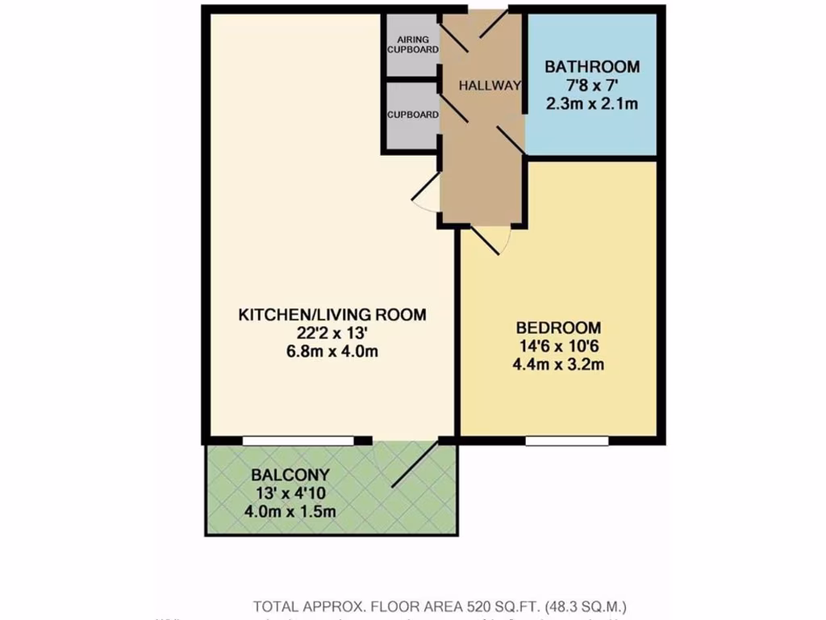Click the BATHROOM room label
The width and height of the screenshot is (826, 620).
click(x=591, y=67)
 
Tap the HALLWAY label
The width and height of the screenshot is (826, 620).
click(x=490, y=86)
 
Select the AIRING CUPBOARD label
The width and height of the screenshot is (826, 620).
click(x=413, y=44)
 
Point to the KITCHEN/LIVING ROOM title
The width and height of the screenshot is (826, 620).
click(x=332, y=315)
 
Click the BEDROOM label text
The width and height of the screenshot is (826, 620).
click(x=558, y=328)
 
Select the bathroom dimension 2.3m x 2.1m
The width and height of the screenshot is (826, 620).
click(x=591, y=104)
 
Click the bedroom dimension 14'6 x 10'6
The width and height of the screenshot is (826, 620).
click(x=558, y=346)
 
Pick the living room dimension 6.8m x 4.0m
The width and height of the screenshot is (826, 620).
click(x=332, y=351)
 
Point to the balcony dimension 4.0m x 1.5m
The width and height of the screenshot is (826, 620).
click(x=290, y=511)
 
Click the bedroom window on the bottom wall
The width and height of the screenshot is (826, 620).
click(x=566, y=441)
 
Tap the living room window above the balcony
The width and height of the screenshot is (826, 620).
click(x=298, y=441)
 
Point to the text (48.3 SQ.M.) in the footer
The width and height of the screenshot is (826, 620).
click(x=586, y=605)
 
